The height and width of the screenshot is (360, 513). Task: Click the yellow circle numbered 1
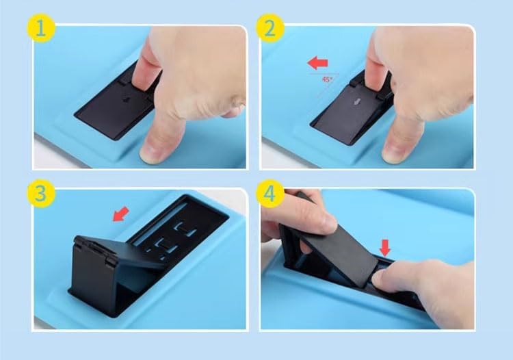(41, 27)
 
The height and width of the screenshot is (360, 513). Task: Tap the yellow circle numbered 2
(270, 27)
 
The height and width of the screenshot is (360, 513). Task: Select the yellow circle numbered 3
(41, 193)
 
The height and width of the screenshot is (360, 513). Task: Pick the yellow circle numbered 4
(270, 193)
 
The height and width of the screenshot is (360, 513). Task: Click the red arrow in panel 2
(317, 62)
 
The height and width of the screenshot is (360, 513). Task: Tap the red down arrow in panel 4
(385, 248)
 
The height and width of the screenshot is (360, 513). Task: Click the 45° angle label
(327, 79)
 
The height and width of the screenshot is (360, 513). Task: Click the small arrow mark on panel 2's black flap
(357, 102)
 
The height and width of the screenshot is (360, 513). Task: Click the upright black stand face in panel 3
(92, 274)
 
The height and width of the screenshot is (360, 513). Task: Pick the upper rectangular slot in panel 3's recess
(184, 229)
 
